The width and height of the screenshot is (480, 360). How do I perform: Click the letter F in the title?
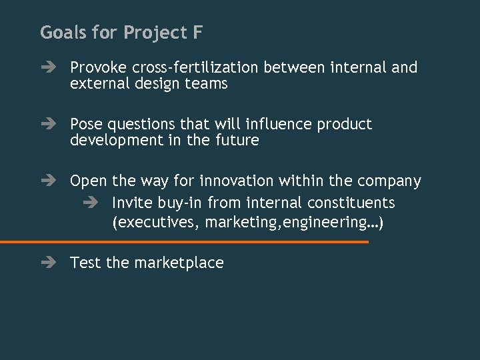tap(197, 32)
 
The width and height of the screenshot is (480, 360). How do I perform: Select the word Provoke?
tap(99, 68)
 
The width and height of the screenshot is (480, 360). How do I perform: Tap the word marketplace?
tap(179, 263)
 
